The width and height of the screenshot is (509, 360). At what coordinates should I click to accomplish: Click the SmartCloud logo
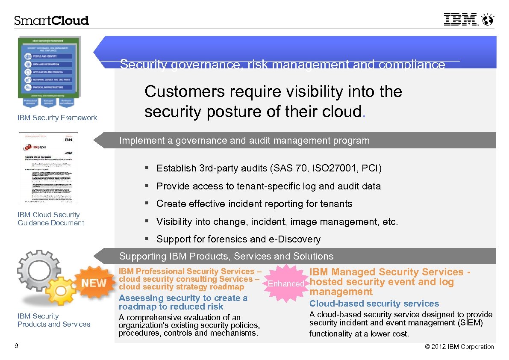pyautogui.click(x=51, y=21)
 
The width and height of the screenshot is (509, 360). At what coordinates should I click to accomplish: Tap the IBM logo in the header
pyautogui.click(x=460, y=20)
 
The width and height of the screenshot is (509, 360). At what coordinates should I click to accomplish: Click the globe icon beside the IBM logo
pyautogui.click(x=487, y=20)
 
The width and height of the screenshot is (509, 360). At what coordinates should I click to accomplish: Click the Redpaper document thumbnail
pyautogui.click(x=49, y=168)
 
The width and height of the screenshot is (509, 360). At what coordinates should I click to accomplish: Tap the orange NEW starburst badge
pyautogui.click(x=94, y=283)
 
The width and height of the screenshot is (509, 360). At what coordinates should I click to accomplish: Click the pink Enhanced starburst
pyautogui.click(x=285, y=283)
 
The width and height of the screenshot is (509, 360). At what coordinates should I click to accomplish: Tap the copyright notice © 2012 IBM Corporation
pyautogui.click(x=459, y=347)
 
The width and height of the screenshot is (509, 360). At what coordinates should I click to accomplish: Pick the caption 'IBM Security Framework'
pyautogui.click(x=57, y=118)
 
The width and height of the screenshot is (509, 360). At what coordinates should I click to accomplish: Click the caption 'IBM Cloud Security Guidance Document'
pyautogui.click(x=50, y=219)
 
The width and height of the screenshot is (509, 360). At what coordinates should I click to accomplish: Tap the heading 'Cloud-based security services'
pyautogui.click(x=374, y=304)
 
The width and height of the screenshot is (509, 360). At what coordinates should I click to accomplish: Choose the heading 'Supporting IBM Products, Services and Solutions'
pyautogui.click(x=226, y=257)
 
